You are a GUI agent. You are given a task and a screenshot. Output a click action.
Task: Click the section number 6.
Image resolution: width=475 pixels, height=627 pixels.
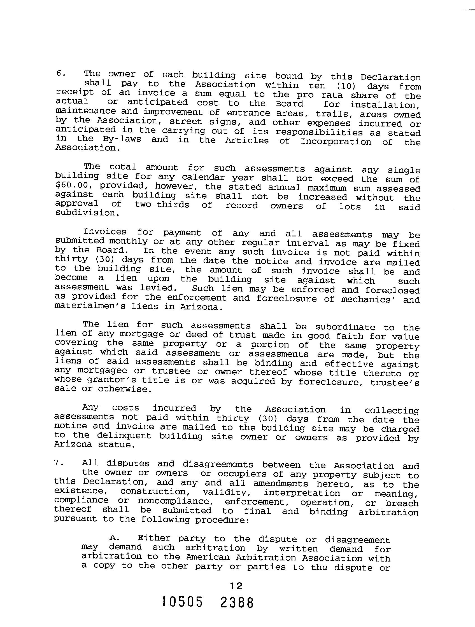[x=60, y=73]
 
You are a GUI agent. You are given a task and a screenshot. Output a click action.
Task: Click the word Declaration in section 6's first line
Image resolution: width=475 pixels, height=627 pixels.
[x=390, y=78]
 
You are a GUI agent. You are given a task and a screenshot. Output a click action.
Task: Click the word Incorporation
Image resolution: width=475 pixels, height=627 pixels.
[x=336, y=142]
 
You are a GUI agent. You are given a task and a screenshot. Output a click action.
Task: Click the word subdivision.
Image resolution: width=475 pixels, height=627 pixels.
[x=84, y=213]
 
